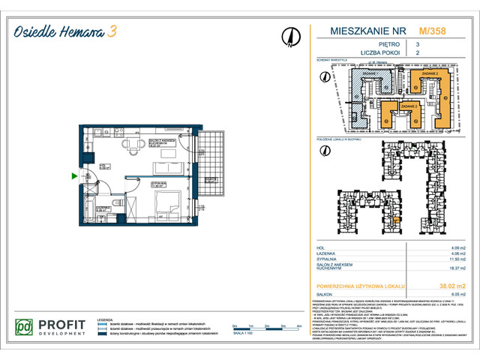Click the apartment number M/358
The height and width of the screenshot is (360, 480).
click(x=430, y=32)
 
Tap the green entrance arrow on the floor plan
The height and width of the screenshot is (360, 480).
click(x=73, y=176)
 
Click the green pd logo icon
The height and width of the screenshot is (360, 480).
click(x=25, y=327)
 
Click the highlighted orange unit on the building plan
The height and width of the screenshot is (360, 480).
click(x=396, y=220)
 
